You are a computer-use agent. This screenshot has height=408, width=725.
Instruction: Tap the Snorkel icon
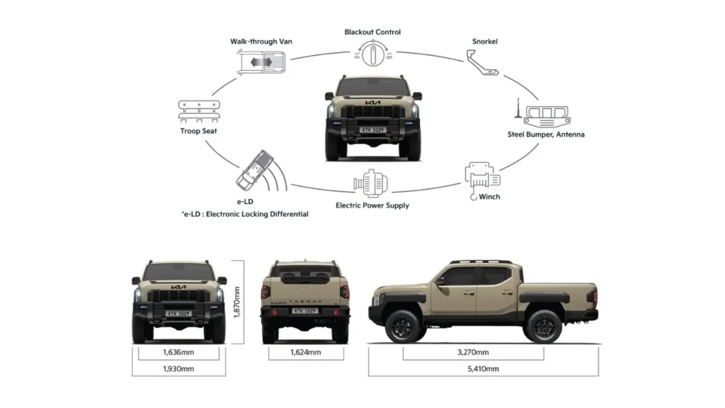click(485, 64)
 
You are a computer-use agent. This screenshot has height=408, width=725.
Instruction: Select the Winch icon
click(481, 176)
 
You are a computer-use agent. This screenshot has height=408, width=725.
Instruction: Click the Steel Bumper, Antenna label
click(546, 134)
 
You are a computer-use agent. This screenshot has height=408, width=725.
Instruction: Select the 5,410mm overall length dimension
click(484, 368)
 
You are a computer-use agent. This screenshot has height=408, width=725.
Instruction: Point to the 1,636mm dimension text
click(178, 351)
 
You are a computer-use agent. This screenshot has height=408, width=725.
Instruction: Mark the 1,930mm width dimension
click(178, 368)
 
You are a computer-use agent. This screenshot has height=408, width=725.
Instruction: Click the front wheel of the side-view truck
click(403, 325)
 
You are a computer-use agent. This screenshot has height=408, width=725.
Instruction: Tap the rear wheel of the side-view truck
click(543, 325)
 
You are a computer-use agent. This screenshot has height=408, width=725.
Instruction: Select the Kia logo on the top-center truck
click(372, 104)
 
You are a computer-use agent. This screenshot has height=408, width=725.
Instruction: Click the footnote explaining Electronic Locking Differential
click(244, 214)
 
